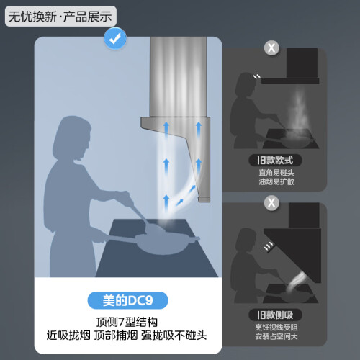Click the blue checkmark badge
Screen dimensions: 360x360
[x=115, y=39]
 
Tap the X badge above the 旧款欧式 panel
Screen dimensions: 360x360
[x=271, y=48]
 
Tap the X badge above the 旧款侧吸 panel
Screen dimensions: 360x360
[x=271, y=203]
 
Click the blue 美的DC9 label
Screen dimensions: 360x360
[x=127, y=300]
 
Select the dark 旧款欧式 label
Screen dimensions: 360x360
[x=275, y=161]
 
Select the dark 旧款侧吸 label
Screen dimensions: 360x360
[x=275, y=315]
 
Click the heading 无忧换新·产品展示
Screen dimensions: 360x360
[x=60, y=17]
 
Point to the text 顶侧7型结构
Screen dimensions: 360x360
[x=127, y=322]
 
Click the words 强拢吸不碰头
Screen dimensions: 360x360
[x=174, y=336]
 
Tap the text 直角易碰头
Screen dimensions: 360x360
[x=276, y=172]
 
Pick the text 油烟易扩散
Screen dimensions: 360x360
[x=276, y=181]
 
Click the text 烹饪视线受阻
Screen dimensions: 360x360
[x=276, y=328]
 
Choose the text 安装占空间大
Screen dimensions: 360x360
[x=276, y=336]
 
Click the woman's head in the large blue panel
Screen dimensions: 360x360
[x=72, y=137]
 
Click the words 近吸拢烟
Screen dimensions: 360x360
[x=68, y=336]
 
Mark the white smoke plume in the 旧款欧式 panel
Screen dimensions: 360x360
[x=299, y=113]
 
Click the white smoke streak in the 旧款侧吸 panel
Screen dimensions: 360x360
[x=297, y=282]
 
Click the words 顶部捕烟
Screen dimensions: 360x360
[x=116, y=336]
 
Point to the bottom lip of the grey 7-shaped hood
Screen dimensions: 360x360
[x=204, y=199]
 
